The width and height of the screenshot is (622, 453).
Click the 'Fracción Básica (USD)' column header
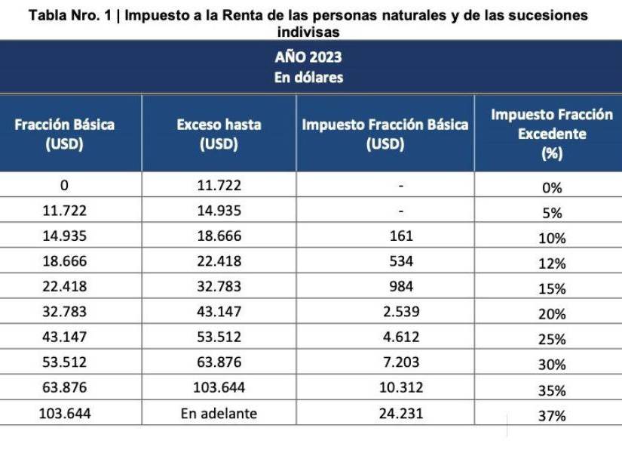pos(64,134)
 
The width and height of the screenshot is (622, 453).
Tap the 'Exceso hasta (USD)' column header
pos(219,134)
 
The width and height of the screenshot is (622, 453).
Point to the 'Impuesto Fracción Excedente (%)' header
pos(551,134)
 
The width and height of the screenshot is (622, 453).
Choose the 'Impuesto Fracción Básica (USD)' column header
pos(385,134)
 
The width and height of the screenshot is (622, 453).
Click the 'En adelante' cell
pos(219,413)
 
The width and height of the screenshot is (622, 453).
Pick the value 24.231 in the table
pos(401,413)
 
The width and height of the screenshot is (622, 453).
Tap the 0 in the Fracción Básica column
pos(64,185)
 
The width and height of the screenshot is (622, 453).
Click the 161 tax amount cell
pos(401,236)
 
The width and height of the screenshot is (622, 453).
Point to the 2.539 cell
pos(401,311)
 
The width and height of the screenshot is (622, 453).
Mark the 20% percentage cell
pos(553,314)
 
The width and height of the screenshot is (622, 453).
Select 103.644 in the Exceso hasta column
pos(219,387)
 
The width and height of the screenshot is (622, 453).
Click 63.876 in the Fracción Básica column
pos(64,387)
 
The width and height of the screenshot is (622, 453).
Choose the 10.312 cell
pos(401,387)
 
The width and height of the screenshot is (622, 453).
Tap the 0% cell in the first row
pos(553,188)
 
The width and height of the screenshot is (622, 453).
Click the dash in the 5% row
pos(401,211)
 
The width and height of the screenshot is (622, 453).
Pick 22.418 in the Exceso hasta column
pos(219,260)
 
